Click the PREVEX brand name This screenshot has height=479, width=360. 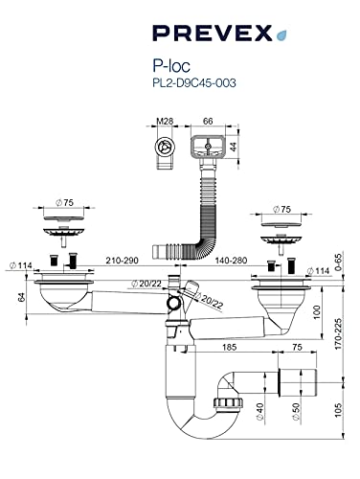click(x=213, y=34)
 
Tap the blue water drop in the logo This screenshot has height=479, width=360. click(x=281, y=35)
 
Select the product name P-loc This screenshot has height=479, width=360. click(x=171, y=66)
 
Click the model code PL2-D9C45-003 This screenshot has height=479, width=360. click(x=194, y=83)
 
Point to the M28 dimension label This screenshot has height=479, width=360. click(x=165, y=121)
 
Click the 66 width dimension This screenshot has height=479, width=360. click(x=208, y=121)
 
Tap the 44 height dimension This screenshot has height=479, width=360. click(x=234, y=147)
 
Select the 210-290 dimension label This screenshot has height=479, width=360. click(x=123, y=261)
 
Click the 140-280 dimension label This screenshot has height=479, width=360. click(x=231, y=261)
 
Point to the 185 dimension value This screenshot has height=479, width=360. click(x=229, y=347)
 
